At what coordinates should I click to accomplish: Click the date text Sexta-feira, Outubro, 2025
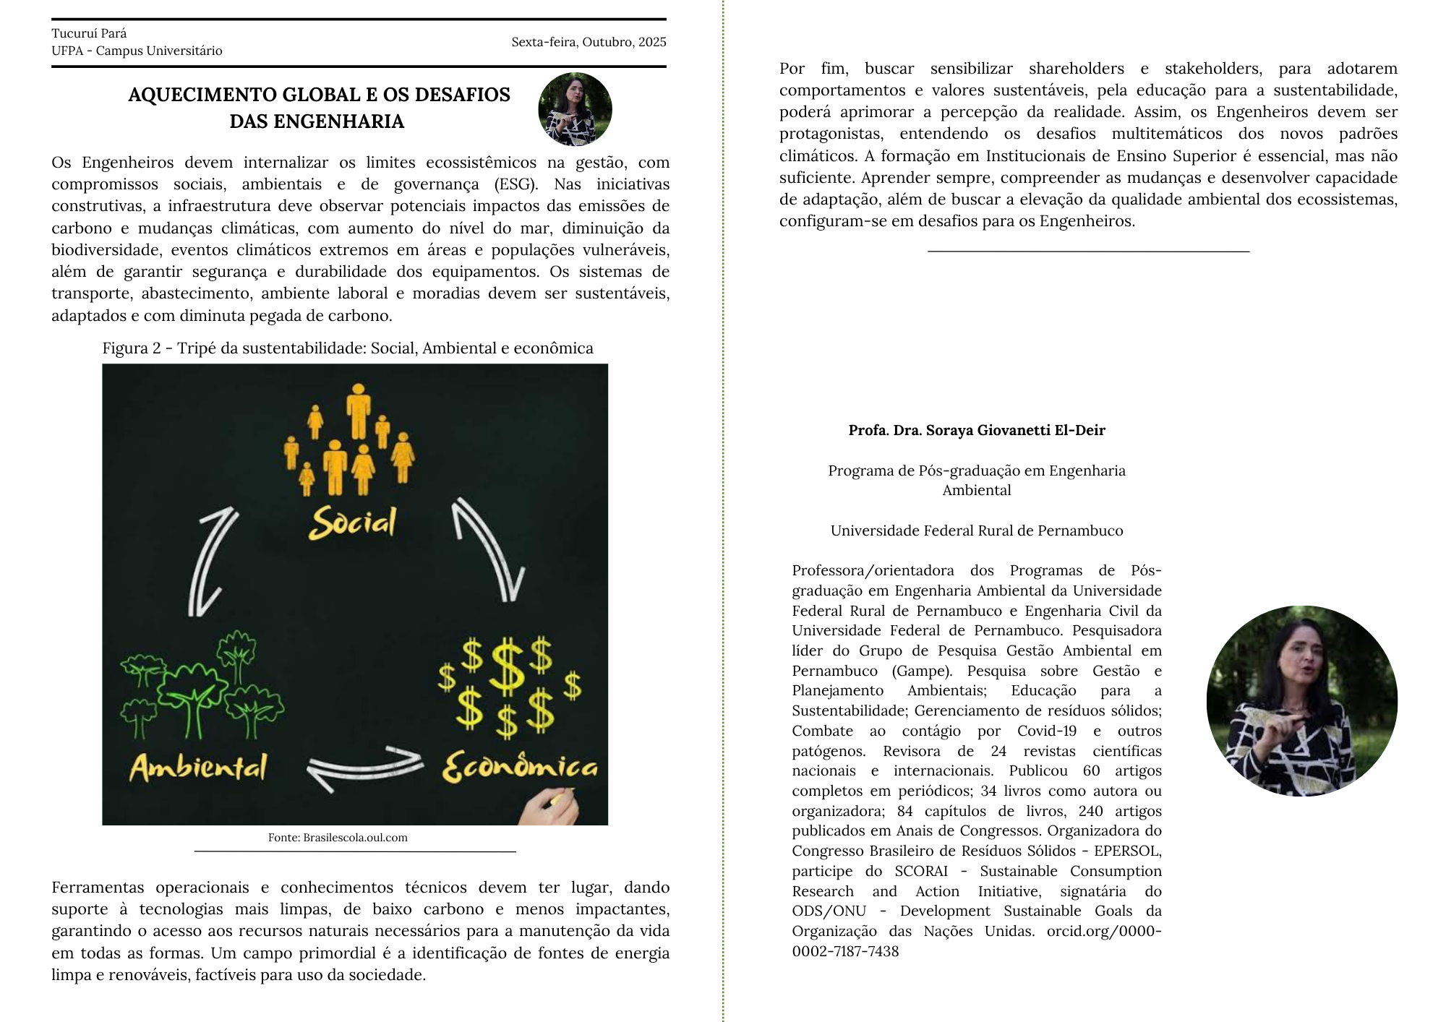589,42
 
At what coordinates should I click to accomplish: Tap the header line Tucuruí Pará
89,33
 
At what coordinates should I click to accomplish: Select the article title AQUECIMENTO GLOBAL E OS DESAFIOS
319,95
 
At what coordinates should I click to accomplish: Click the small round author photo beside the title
575,109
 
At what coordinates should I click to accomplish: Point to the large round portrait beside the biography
1301,700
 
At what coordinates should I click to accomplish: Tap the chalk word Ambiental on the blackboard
198,767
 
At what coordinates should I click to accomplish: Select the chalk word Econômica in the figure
520,767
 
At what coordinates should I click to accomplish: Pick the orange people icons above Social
351,441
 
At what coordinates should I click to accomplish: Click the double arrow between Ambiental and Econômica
365,768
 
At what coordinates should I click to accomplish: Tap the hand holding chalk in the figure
551,807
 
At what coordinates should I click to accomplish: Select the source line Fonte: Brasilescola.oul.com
338,838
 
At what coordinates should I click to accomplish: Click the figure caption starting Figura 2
348,348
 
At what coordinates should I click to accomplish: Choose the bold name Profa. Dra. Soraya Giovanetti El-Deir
977,430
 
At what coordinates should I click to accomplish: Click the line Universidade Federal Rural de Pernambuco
977,531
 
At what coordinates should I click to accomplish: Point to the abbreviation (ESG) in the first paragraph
516,184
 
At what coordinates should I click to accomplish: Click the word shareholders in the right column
1077,69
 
